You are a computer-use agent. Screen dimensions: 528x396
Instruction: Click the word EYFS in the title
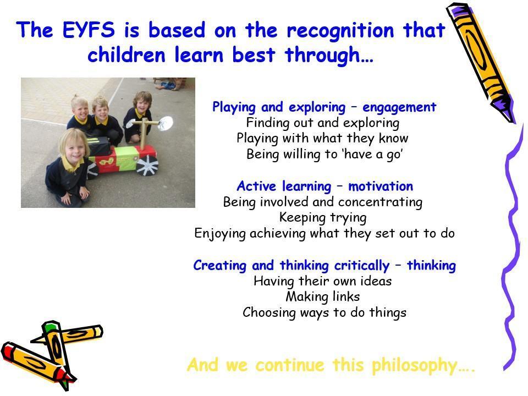pyautogui.click(x=89, y=29)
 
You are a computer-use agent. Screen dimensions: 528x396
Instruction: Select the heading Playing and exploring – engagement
pyautogui.click(x=324, y=107)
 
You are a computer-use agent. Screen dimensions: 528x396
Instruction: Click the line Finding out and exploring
pyautogui.click(x=323, y=123)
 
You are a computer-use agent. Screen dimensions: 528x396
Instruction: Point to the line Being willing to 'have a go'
pyautogui.click(x=324, y=154)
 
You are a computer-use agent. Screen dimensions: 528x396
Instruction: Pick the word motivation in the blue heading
pyautogui.click(x=381, y=186)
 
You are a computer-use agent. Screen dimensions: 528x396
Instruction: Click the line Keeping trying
pyautogui.click(x=323, y=218)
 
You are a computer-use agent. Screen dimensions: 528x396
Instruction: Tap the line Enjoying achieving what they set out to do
pyautogui.click(x=324, y=233)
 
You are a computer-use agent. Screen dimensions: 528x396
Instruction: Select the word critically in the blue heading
pyautogui.click(x=362, y=266)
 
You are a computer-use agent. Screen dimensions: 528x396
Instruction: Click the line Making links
pyautogui.click(x=323, y=296)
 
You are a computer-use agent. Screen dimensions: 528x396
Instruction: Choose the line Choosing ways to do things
pyautogui.click(x=324, y=312)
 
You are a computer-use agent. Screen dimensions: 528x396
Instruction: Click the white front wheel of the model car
pyautogui.click(x=146, y=166)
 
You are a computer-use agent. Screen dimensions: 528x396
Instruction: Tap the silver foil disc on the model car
pyautogui.click(x=165, y=124)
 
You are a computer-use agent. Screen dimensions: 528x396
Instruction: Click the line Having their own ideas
pyautogui.click(x=323, y=281)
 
